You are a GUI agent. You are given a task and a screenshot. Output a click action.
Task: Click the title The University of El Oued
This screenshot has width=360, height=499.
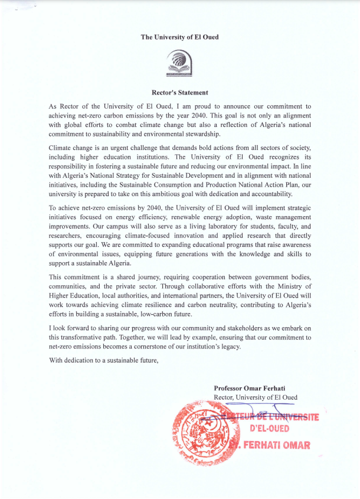tap(179, 37)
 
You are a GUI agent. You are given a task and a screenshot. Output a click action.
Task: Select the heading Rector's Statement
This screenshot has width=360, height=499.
tap(179, 92)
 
